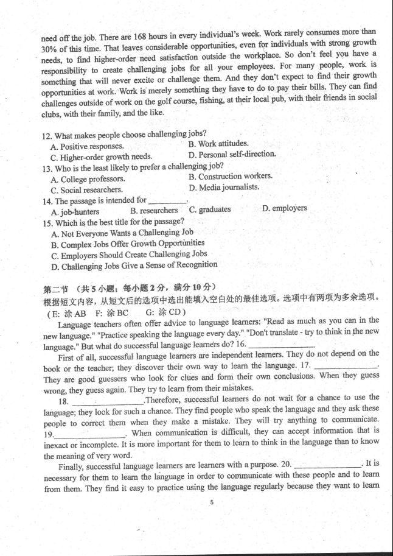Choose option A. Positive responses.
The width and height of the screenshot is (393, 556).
(x=88, y=146)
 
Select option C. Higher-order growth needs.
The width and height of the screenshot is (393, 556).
(x=102, y=157)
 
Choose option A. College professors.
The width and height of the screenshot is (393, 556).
(x=88, y=179)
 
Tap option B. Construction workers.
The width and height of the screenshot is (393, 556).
(x=231, y=177)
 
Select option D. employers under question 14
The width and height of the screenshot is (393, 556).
(x=285, y=208)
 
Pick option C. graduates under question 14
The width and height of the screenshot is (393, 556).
(x=210, y=209)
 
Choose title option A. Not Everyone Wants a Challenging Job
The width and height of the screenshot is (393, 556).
(x=122, y=233)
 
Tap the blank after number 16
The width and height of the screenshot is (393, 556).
(x=282, y=345)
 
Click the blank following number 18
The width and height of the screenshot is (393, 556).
(x=108, y=401)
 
